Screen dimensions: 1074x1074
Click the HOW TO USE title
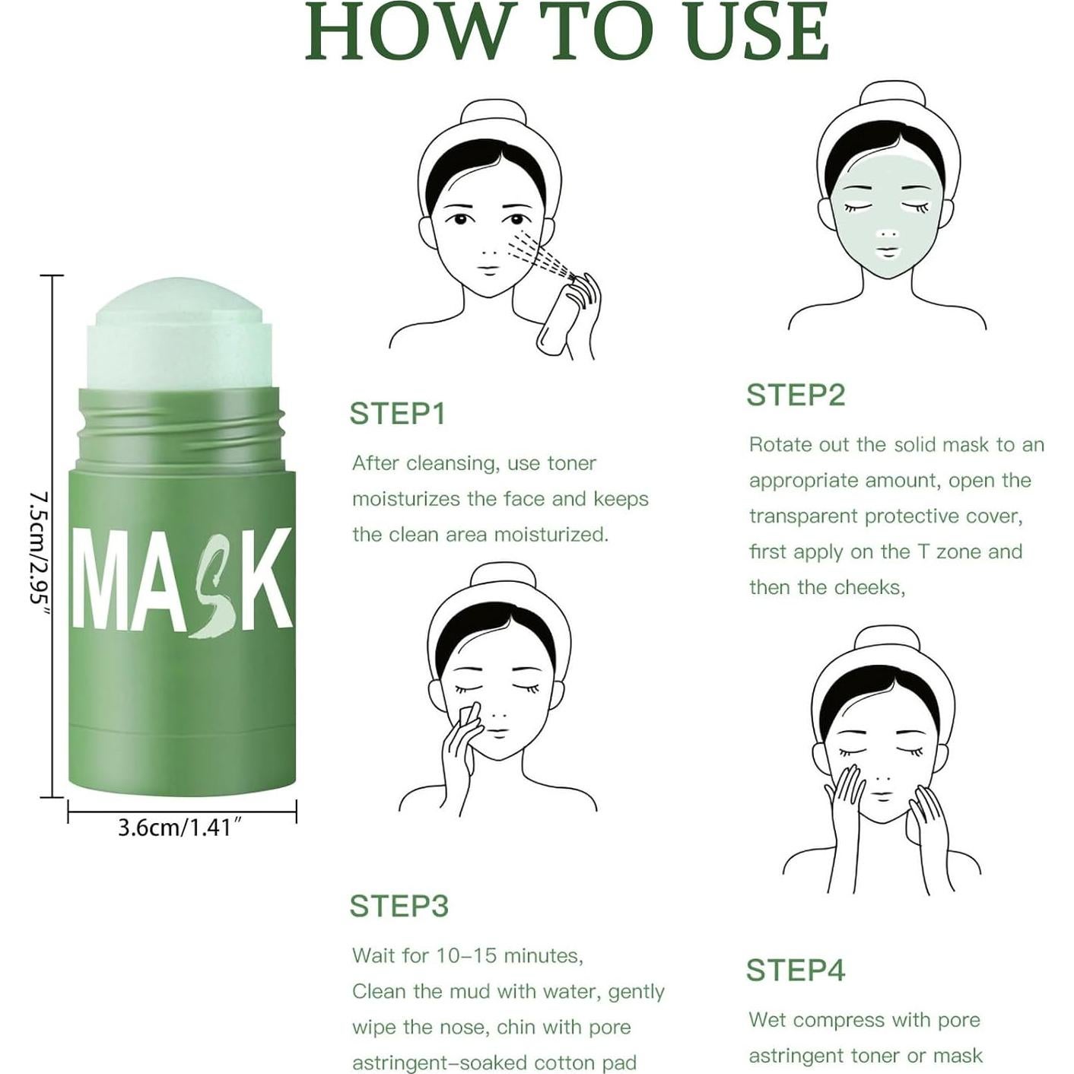567,32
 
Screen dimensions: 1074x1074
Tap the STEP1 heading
397,414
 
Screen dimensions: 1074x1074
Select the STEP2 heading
795,396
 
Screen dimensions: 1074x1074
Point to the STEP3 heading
399,906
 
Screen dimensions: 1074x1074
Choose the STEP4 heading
795,971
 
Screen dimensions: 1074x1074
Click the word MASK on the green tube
183,580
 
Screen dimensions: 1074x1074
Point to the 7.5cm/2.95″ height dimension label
38,548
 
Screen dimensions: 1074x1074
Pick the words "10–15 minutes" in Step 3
509,956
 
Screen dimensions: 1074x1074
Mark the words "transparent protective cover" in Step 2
885,516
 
